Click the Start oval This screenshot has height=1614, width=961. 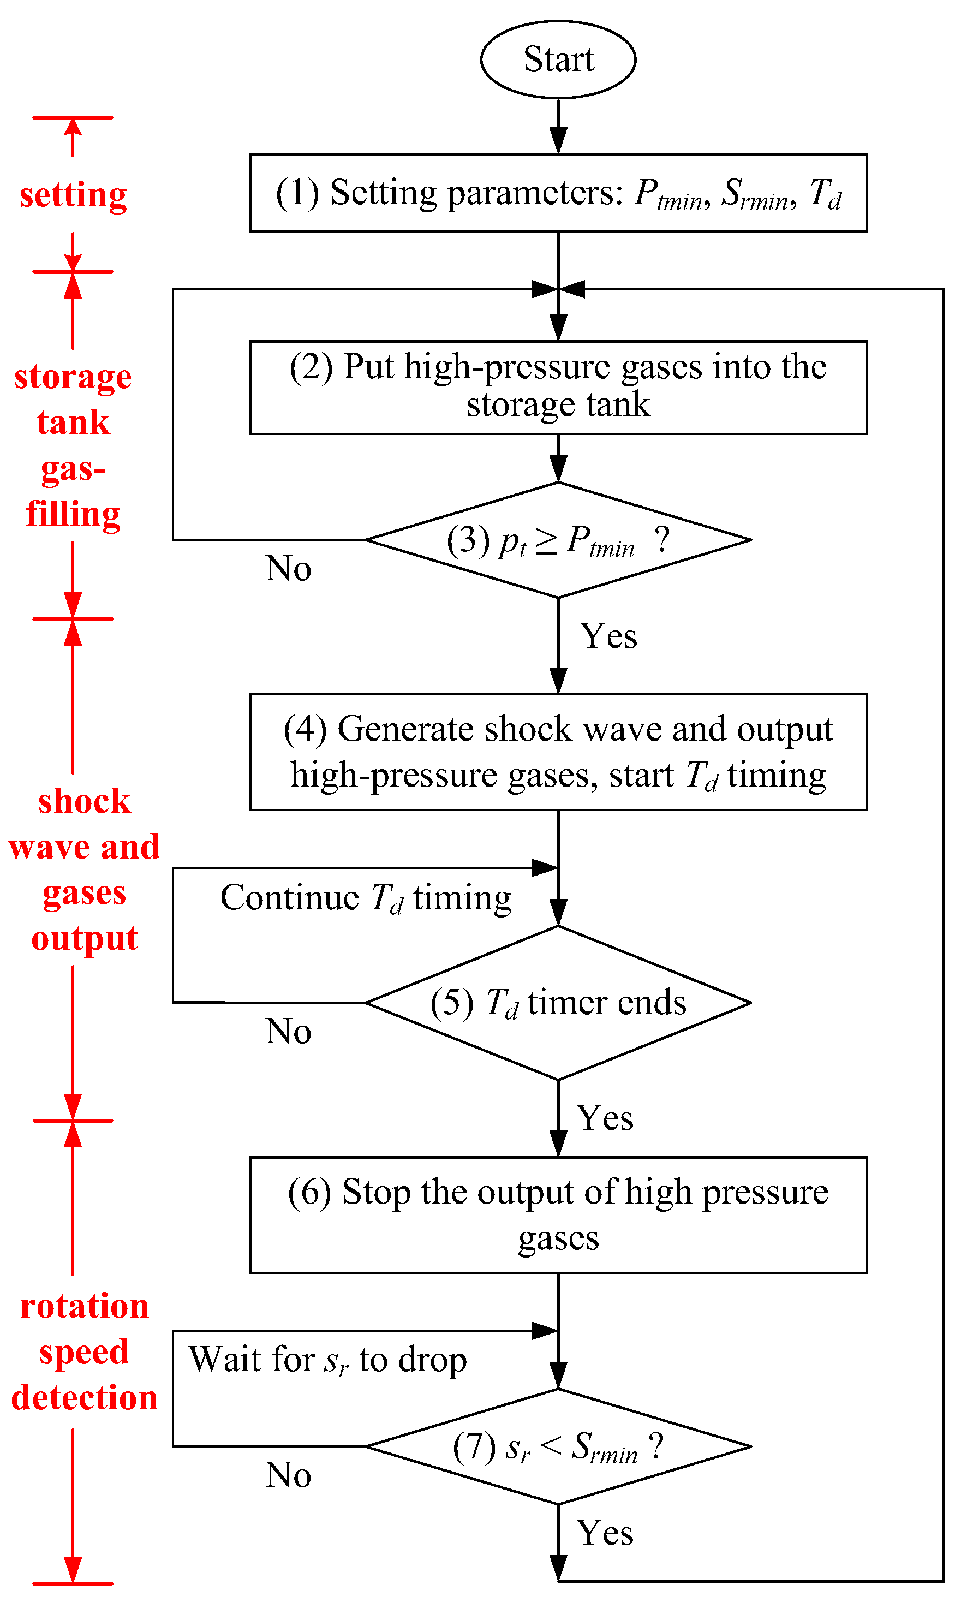(558, 59)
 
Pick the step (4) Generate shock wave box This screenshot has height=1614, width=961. (558, 753)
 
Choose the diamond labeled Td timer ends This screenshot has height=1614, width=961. (558, 1003)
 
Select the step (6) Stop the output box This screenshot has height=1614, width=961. (558, 1215)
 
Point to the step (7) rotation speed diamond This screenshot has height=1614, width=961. (558, 1447)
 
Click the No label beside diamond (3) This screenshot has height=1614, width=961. (288, 569)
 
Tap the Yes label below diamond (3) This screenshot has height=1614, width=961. (608, 636)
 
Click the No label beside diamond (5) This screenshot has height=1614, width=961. (288, 1032)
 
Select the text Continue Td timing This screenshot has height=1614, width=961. (366, 899)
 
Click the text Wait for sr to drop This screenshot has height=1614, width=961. (327, 1360)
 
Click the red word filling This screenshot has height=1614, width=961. (73, 515)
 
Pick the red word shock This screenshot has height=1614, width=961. (84, 802)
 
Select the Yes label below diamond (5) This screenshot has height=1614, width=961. (606, 1118)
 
